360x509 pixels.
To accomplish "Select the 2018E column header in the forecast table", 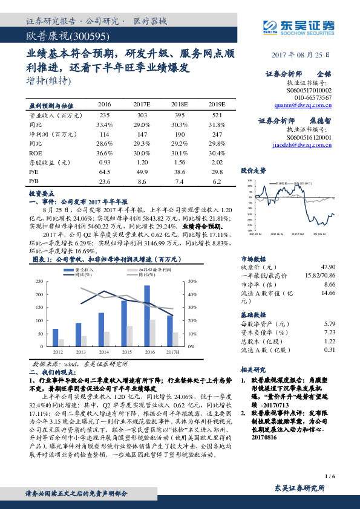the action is coord(178,103).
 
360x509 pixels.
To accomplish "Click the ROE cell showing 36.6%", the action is coord(104,154).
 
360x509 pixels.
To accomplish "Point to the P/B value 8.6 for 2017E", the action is coord(142,181).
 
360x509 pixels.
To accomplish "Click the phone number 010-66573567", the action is coord(313,97).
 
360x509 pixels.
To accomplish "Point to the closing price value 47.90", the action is coord(327,266).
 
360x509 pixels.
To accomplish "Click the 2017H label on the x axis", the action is coord(172,351).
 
